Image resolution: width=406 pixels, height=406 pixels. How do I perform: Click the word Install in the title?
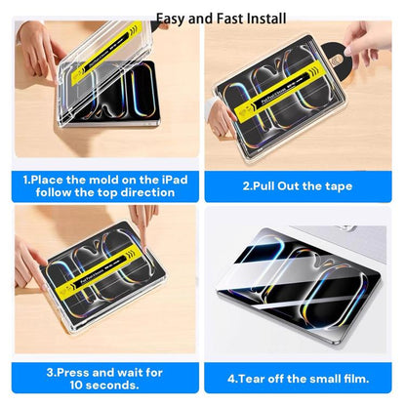pos(266,19)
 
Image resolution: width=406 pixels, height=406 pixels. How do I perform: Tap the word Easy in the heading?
pos(170,20)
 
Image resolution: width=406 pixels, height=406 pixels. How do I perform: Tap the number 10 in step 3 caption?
pos(76,386)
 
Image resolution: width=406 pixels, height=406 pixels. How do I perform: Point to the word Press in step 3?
pos(72,372)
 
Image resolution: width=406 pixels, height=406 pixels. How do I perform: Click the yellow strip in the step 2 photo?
pos(279,92)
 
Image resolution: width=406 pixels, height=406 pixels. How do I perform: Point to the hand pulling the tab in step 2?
pos(367,41)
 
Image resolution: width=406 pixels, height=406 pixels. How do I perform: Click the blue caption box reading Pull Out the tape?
pos(298,186)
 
